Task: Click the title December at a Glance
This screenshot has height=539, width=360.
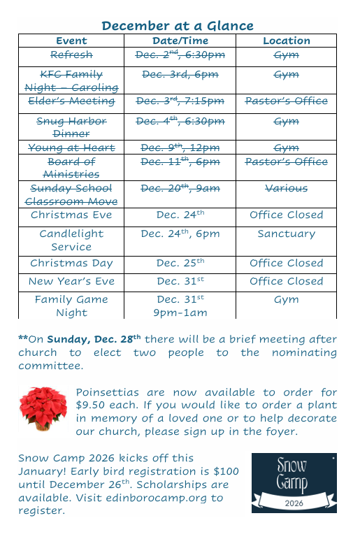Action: [x=177, y=26]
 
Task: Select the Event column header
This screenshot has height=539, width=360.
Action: [x=71, y=41]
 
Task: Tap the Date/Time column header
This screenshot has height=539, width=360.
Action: [x=180, y=41]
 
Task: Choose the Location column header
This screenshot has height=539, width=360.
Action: [x=286, y=41]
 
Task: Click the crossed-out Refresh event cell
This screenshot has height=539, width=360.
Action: [x=71, y=55]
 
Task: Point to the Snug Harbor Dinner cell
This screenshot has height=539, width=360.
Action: [x=71, y=127]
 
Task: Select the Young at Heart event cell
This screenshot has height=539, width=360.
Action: [x=71, y=148]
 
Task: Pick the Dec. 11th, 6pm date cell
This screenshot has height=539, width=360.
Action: [x=180, y=162]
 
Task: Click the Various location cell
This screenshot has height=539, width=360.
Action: [x=286, y=188]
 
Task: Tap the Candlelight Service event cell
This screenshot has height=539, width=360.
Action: [x=71, y=240]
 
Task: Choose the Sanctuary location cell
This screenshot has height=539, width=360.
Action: [x=286, y=234]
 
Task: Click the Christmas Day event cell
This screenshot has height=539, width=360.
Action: [x=71, y=264]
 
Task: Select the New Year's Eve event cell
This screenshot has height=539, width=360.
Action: [x=71, y=282]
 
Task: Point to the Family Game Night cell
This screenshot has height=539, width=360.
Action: [x=71, y=306]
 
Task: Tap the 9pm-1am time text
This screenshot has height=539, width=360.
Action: [x=180, y=313]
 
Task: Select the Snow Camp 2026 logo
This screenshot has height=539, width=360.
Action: [x=294, y=482]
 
